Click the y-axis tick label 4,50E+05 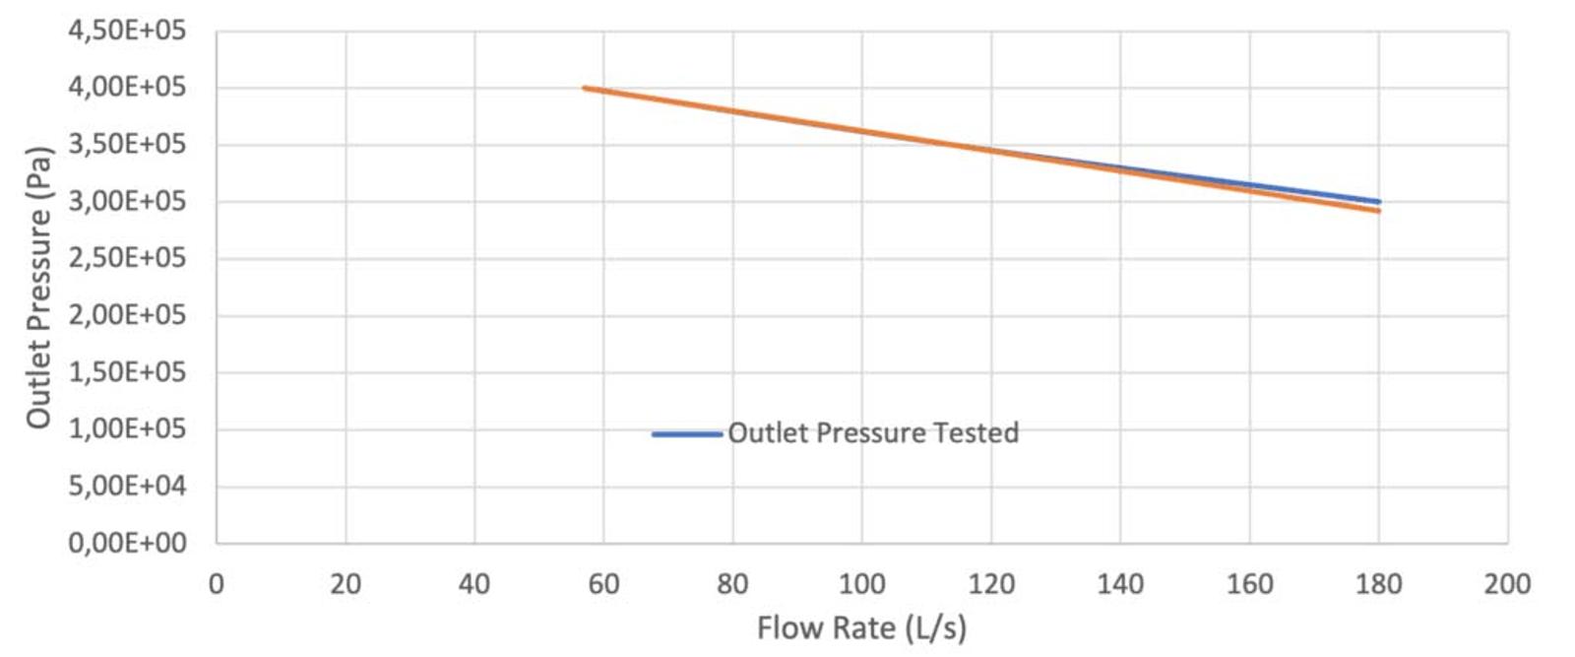[126, 31]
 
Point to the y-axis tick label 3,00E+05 [126, 201]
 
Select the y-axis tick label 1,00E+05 [126, 429]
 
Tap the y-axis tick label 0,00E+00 [126, 543]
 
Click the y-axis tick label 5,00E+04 [126, 486]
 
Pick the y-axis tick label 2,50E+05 [126, 258]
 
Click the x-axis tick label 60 [603, 584]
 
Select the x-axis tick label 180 [1378, 584]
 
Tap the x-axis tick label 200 [1507, 584]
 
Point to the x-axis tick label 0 [217, 584]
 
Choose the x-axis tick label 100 [861, 584]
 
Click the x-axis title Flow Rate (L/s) [861, 627]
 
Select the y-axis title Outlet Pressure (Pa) [38, 288]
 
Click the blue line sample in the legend [687, 434]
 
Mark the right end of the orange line [1378, 211]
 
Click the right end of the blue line [1378, 201]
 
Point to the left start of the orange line [585, 88]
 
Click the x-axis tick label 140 [1120, 584]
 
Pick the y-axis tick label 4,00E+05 [126, 88]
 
